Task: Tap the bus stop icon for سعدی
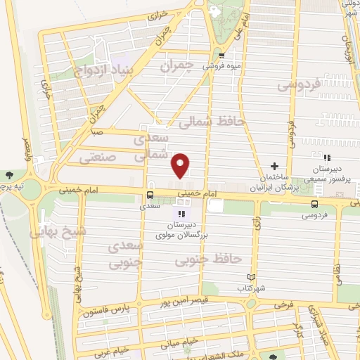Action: tap(150, 195)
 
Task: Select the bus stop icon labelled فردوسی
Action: tap(314, 202)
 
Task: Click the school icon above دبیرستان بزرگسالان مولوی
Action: tap(182, 214)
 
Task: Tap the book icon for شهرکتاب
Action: tap(252, 277)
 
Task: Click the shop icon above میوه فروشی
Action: tap(221, 56)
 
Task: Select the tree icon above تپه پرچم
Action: tap(8, 174)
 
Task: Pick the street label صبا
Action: tap(98, 131)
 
